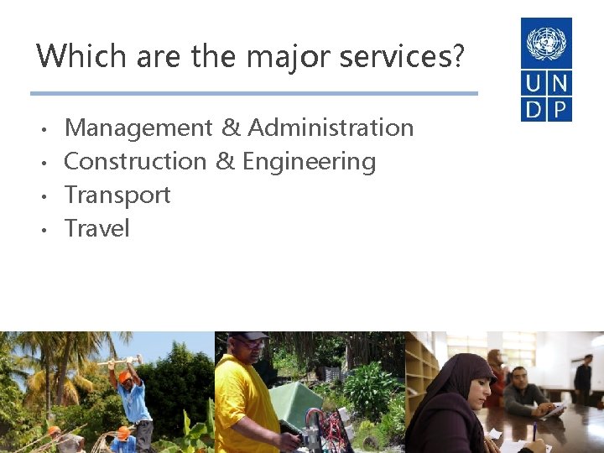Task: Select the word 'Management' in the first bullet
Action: [138, 128]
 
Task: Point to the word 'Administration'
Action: [331, 128]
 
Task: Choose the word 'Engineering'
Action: [309, 161]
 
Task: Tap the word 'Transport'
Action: [117, 195]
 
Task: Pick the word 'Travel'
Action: [97, 228]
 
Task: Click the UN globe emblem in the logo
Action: [546, 43]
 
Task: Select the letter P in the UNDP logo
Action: [560, 109]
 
